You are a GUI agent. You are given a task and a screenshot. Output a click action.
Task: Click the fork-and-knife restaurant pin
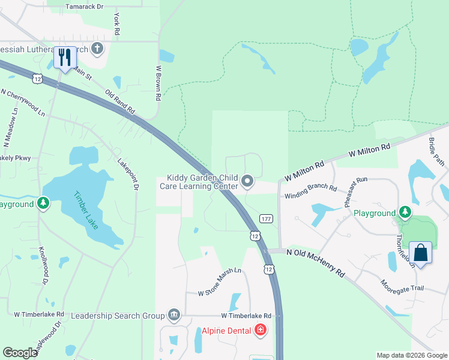coord(65,58)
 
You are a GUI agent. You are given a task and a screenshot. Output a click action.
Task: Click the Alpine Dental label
coord(227,330)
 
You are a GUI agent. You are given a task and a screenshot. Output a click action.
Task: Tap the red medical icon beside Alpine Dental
coord(261,329)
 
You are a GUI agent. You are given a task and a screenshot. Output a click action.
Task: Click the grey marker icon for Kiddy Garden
coord(247,181)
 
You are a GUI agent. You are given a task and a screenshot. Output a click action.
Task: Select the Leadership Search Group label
coord(118,316)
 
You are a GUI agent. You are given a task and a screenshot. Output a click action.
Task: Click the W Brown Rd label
coord(158,82)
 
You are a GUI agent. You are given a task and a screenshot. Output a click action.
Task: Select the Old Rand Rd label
coord(120,103)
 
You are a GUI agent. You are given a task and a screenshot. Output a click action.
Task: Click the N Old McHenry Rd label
coord(315,263)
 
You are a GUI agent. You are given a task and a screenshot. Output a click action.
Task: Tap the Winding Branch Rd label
coord(310,191)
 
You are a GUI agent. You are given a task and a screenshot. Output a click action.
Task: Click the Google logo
coord(20,353)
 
